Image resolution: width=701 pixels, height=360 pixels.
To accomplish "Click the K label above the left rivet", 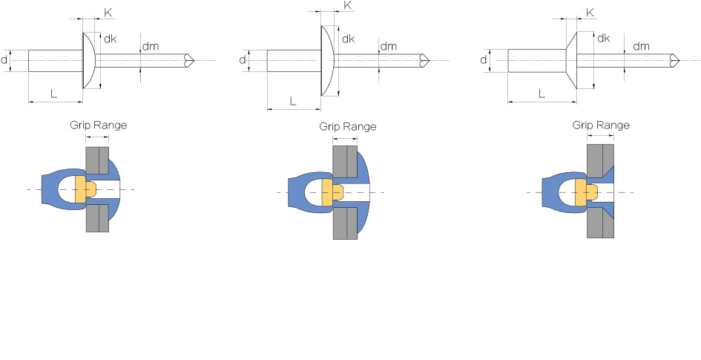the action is [x=108, y=12].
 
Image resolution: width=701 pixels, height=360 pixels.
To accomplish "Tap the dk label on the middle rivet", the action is [x=348, y=39].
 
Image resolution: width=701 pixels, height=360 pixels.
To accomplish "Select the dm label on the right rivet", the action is [x=641, y=46].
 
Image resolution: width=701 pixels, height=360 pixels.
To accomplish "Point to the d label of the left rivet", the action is [x=4, y=59].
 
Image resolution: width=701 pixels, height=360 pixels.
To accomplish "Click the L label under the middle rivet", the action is [x=293, y=101].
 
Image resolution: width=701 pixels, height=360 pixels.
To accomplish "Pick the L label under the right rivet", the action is [x=542, y=94].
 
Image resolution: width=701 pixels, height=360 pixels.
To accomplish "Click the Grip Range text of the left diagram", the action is [x=99, y=125].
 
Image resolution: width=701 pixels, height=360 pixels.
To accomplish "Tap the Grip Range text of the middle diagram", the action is [x=348, y=127].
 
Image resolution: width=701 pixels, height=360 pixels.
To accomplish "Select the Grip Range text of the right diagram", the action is [x=601, y=125].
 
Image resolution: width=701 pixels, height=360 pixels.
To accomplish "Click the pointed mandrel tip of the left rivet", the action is [x=194, y=60].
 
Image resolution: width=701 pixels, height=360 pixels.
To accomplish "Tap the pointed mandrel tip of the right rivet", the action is [x=679, y=60].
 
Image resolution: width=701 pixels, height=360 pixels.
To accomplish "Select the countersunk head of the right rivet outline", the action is [x=571, y=60].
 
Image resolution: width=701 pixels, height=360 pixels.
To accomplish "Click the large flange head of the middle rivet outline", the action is [x=327, y=60].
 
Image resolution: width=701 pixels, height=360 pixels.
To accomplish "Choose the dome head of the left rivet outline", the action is [x=88, y=60].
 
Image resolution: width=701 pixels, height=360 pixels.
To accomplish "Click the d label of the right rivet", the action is [x=483, y=59].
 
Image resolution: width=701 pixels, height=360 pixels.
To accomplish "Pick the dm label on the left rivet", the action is [x=150, y=46].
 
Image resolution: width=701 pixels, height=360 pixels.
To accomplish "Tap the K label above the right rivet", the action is [x=590, y=13].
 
